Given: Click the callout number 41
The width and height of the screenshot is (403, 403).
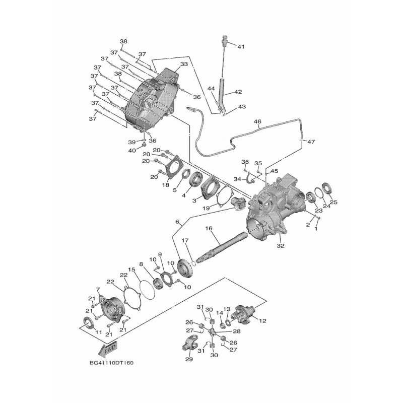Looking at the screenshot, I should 241,47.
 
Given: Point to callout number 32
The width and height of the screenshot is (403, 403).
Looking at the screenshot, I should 281,246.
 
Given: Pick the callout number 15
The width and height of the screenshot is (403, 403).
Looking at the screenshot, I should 131,270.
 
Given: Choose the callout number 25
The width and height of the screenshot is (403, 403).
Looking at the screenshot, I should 333,203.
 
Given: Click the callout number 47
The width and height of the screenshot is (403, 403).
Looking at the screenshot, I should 310,142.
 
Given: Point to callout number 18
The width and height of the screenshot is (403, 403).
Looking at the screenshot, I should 165,185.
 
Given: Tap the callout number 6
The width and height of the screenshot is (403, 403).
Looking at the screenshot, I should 177,222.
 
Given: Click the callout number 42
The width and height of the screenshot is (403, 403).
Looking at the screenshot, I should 238,92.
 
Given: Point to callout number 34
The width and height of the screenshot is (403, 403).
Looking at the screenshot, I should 238,179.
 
